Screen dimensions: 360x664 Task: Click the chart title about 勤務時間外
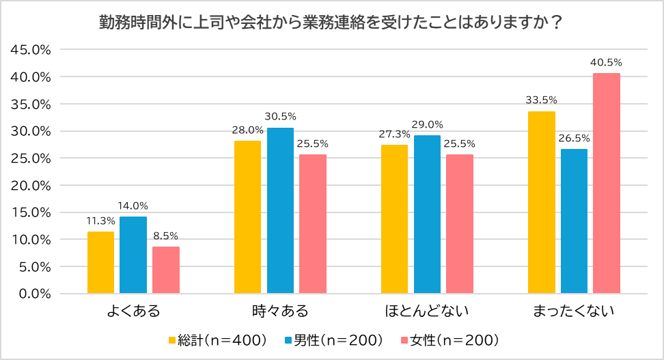click(x=331, y=22)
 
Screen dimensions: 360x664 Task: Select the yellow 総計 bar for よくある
click(x=100, y=262)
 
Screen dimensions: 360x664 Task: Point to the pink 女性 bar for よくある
click(x=166, y=270)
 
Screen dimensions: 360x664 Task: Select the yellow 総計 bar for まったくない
click(x=541, y=202)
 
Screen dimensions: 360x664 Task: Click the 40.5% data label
click(x=606, y=63)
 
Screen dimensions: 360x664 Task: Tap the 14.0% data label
click(x=133, y=206)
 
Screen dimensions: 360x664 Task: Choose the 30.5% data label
click(x=280, y=117)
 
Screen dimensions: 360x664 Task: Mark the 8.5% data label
click(x=166, y=236)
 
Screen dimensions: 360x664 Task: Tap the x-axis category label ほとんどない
click(x=427, y=312)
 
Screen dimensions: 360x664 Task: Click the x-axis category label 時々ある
click(x=280, y=312)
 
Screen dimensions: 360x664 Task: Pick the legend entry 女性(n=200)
click(x=454, y=340)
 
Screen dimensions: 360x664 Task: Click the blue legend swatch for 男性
click(x=288, y=340)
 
